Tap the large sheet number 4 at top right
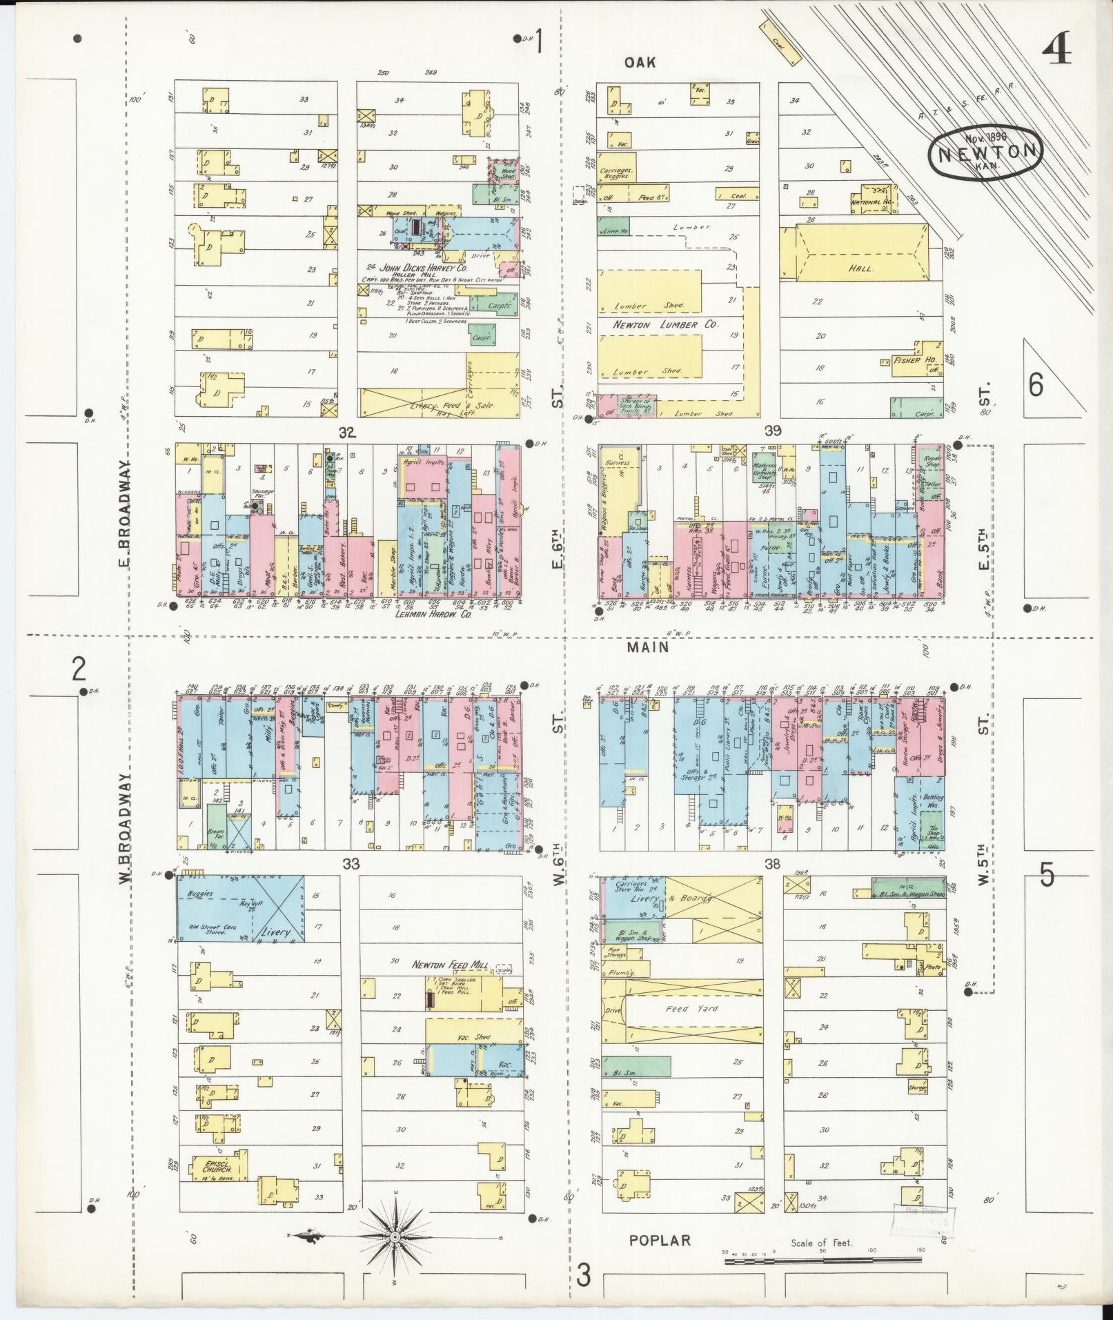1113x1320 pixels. coord(1056,50)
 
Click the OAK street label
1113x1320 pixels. coord(640,63)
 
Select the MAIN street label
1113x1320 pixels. coord(648,647)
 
